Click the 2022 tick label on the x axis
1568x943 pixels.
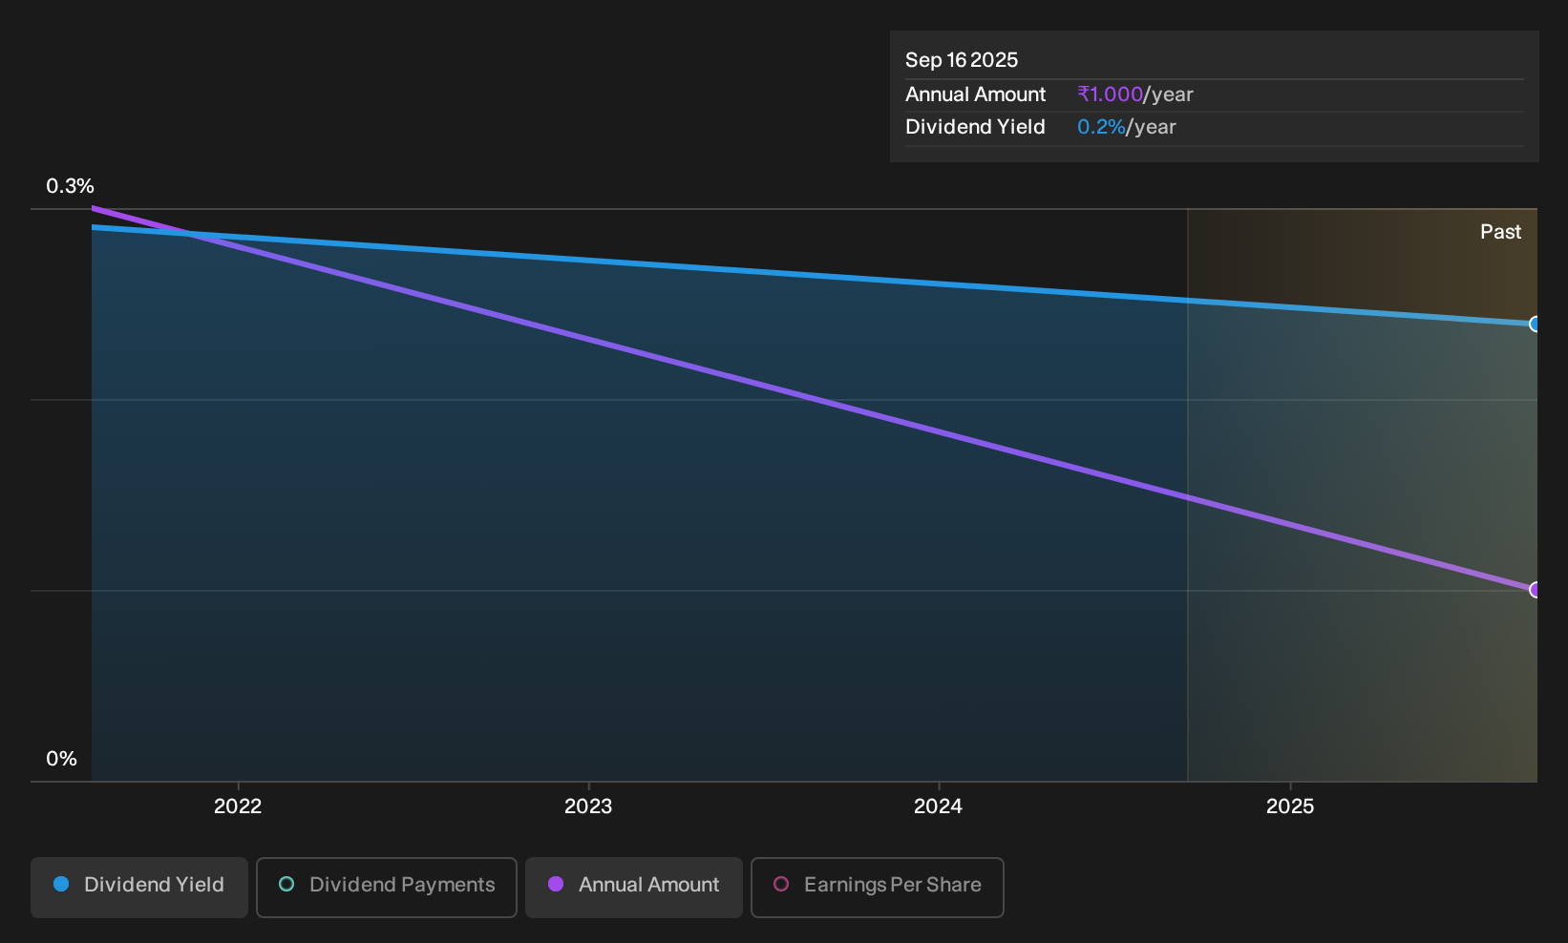click(x=238, y=807)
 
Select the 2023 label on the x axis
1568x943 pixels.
click(x=588, y=807)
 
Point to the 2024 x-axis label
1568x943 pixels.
click(x=938, y=807)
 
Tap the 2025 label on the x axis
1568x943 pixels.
click(x=1290, y=807)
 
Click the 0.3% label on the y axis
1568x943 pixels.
click(x=70, y=186)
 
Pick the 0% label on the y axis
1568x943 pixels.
click(x=62, y=759)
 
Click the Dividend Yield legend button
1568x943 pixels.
click(x=139, y=887)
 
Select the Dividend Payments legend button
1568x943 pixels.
click(x=387, y=887)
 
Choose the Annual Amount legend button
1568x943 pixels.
click(x=633, y=887)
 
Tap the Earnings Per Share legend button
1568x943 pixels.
click(x=877, y=887)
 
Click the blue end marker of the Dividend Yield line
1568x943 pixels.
click(x=1535, y=324)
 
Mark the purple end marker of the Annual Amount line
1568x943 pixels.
click(x=1535, y=590)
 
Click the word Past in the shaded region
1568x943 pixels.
click(x=1500, y=232)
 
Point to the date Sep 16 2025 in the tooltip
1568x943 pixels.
click(x=961, y=60)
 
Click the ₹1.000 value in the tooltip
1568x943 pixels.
click(x=1111, y=94)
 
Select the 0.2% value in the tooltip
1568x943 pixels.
click(x=1101, y=127)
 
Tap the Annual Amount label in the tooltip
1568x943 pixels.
click(x=975, y=94)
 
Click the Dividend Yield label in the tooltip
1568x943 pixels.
click(x=975, y=127)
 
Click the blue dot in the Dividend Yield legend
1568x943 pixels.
click(x=62, y=884)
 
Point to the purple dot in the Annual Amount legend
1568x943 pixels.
click(x=556, y=884)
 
